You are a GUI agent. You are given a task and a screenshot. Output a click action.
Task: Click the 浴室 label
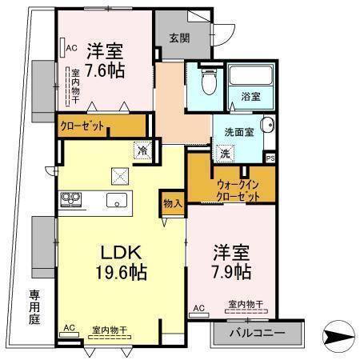click(x=250, y=97)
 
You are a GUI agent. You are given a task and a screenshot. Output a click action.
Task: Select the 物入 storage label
click(x=172, y=202)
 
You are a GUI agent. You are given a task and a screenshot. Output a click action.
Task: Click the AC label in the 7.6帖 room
click(x=71, y=46)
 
